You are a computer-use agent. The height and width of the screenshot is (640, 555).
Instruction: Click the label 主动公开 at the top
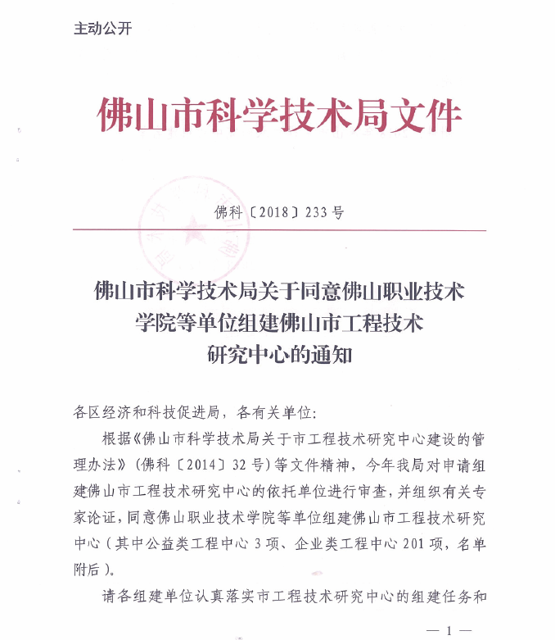[x=102, y=29]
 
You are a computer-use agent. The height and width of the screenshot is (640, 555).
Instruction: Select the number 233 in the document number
[x=315, y=212]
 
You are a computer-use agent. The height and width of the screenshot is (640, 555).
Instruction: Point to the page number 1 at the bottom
[x=449, y=629]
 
